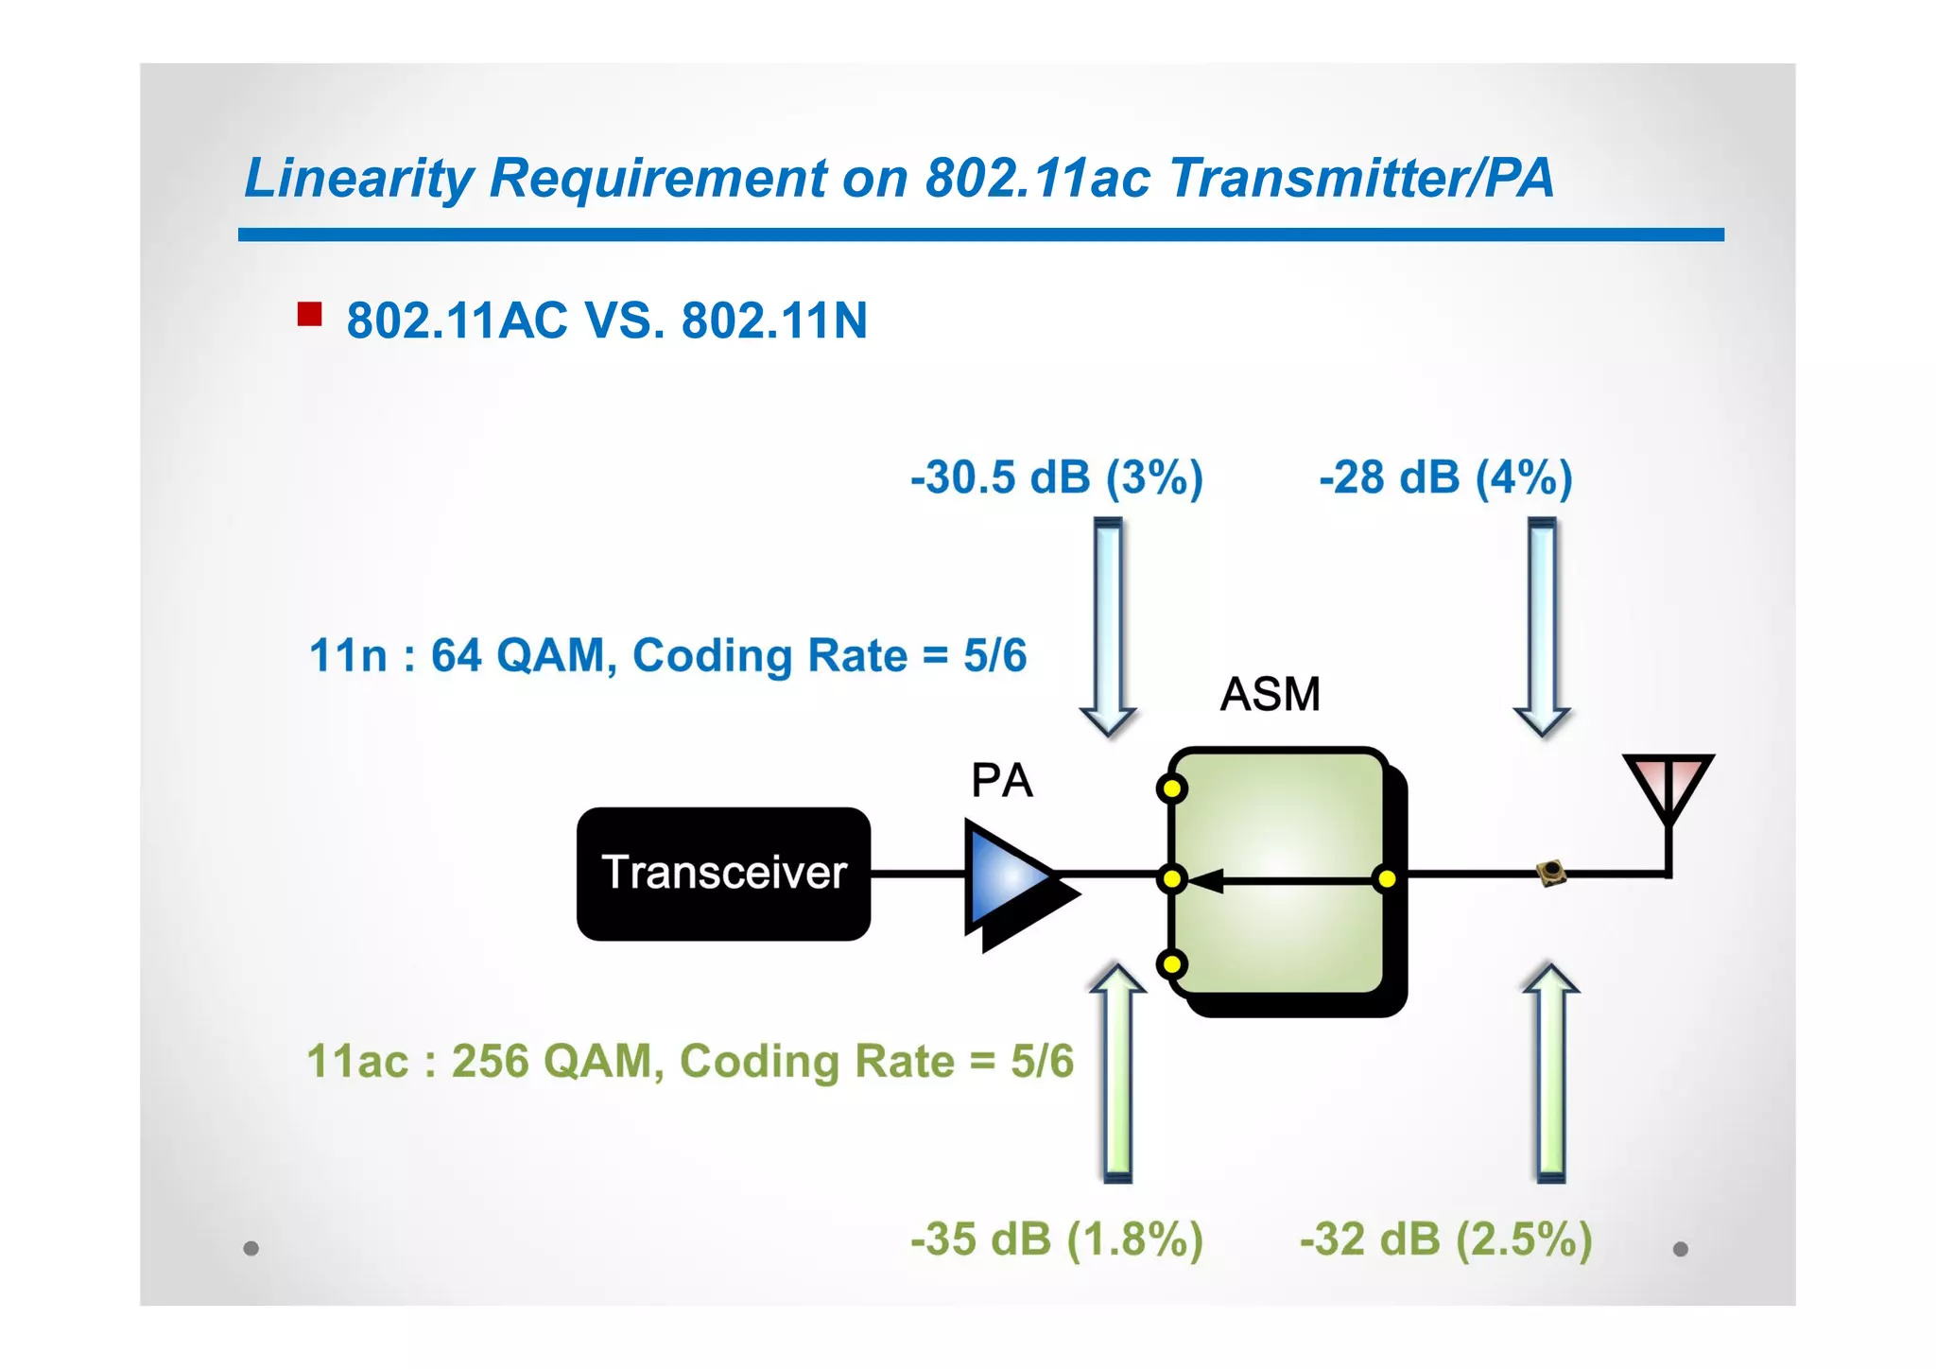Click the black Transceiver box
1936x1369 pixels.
click(x=723, y=873)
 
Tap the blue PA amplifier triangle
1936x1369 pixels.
click(x=1008, y=878)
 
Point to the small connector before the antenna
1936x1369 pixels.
click(x=1550, y=873)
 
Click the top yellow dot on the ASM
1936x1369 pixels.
click(x=1171, y=788)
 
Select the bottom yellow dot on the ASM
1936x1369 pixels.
click(x=1171, y=964)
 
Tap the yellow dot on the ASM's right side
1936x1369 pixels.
click(x=1387, y=879)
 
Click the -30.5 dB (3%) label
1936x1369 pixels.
click(x=1056, y=477)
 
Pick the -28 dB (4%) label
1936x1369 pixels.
click(x=1445, y=477)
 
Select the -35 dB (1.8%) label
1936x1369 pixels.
click(x=1056, y=1239)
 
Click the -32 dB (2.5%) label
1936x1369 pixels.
click(x=1445, y=1239)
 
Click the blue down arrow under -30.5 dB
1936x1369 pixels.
click(x=1108, y=624)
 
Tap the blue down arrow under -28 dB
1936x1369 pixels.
click(x=1542, y=624)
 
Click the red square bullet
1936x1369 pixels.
click(x=309, y=314)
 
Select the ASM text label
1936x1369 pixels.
click(x=1270, y=694)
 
